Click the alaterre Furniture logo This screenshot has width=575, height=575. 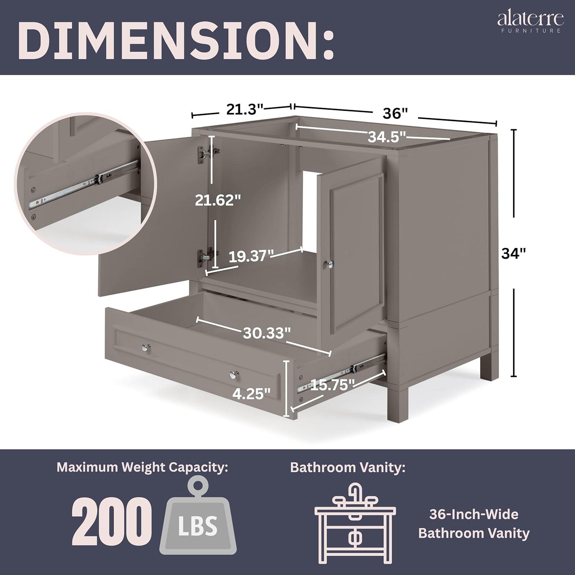coord(531,21)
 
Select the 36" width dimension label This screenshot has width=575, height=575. coord(394,113)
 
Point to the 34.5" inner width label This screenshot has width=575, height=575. coord(387,136)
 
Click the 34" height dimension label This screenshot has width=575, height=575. coord(513,253)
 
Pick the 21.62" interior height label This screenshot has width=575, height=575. coord(218,200)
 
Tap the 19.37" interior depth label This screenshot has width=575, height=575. coord(251,256)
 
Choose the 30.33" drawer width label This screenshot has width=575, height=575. coord(269,333)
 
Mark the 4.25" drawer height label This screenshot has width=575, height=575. coord(251,394)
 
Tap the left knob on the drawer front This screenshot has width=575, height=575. coord(146,347)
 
